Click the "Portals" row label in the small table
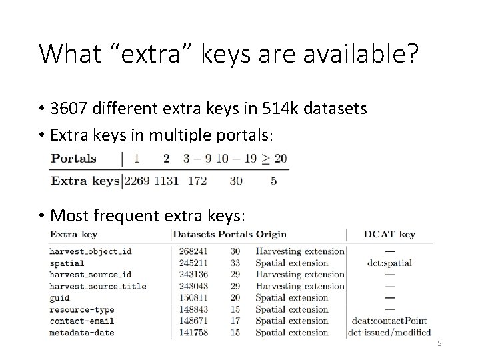pyautogui.click(x=73, y=159)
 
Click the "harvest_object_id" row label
pyautogui.click(x=91, y=251)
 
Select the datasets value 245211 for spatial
pyautogui.click(x=193, y=263)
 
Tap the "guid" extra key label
pyautogui.click(x=59, y=298)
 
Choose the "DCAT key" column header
pyautogui.click(x=390, y=234)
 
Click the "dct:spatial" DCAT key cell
pyautogui.click(x=390, y=263)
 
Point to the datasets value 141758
pyautogui.click(x=193, y=333)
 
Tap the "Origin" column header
pyautogui.click(x=271, y=234)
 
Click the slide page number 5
pyautogui.click(x=439, y=344)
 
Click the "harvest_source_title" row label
pyautogui.click(x=97, y=286)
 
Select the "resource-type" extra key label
pyautogui.click(x=82, y=309)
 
